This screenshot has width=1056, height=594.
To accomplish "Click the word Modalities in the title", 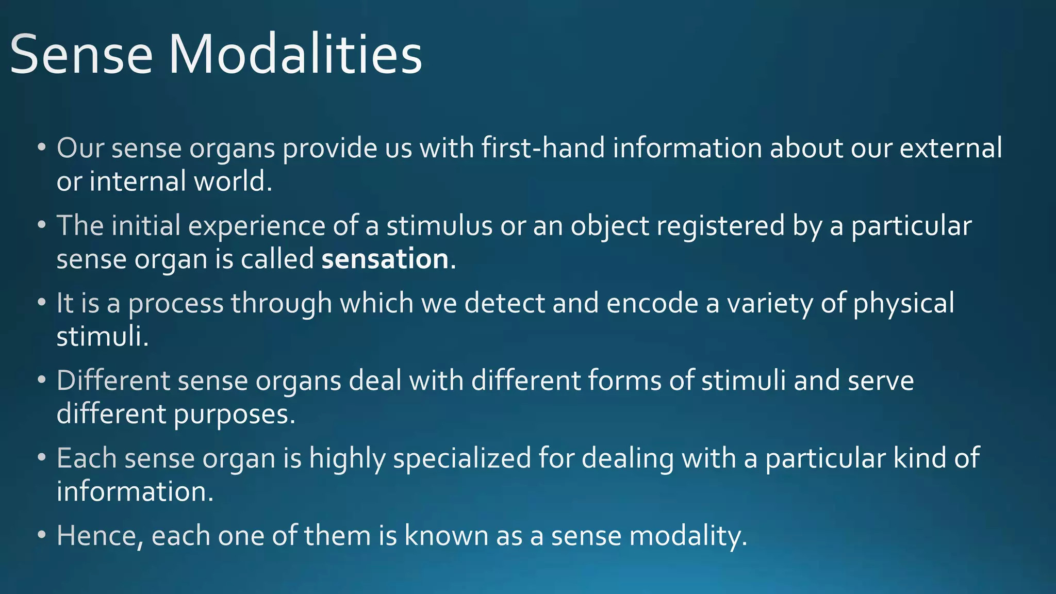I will (295, 55).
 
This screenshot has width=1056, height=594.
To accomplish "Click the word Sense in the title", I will (81, 55).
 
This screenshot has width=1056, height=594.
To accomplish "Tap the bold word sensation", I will (385, 259).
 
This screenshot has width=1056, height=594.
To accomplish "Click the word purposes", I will (235, 415).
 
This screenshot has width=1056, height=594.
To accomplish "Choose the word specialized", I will (462, 458).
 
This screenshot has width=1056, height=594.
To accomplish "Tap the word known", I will (446, 536).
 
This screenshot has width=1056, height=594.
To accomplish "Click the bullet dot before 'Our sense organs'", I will (42, 148).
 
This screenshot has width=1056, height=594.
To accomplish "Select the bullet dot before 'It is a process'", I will (42, 303).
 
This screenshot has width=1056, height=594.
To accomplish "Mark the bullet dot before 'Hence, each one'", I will (42, 536).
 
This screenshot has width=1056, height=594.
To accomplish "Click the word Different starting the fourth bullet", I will (113, 381).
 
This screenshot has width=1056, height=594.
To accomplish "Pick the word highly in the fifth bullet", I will (347, 458).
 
